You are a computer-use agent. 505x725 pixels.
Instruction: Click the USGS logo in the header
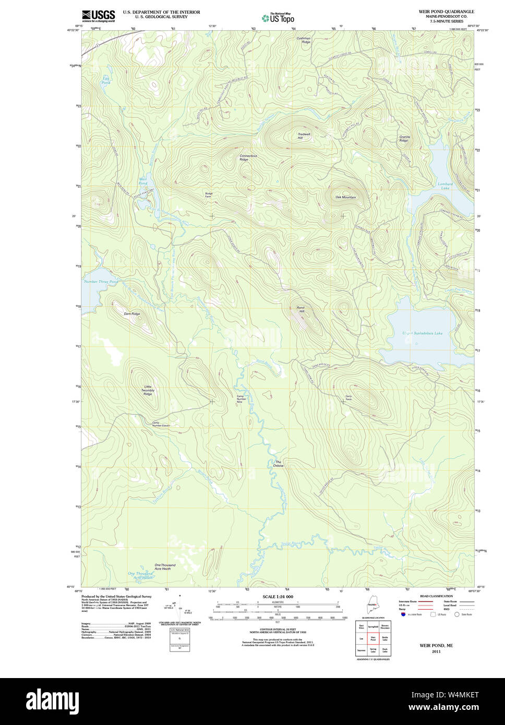point(99,16)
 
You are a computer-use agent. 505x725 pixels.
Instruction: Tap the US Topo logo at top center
point(278,18)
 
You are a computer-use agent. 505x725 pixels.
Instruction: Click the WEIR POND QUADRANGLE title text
point(446,11)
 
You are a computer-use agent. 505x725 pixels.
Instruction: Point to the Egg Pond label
point(106,81)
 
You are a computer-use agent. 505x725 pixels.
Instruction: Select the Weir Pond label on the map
point(142,182)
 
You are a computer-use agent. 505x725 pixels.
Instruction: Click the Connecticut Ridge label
point(248,158)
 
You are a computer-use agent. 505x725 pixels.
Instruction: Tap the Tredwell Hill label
point(304,136)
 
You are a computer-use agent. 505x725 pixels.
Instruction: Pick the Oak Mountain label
point(345,197)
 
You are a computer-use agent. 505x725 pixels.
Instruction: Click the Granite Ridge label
point(404,139)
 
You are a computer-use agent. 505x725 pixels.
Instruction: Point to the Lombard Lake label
point(444,186)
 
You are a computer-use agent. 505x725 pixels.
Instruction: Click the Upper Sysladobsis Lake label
point(422,333)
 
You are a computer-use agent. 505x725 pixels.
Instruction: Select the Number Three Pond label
point(101,282)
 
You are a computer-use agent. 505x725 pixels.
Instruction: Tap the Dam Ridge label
point(131,313)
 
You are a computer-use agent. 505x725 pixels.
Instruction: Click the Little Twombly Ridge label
point(148,390)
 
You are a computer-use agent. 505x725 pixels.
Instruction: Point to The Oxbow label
point(279,464)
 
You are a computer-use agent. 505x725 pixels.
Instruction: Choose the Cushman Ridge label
point(303,40)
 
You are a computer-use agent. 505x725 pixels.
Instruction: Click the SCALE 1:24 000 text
point(278,596)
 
